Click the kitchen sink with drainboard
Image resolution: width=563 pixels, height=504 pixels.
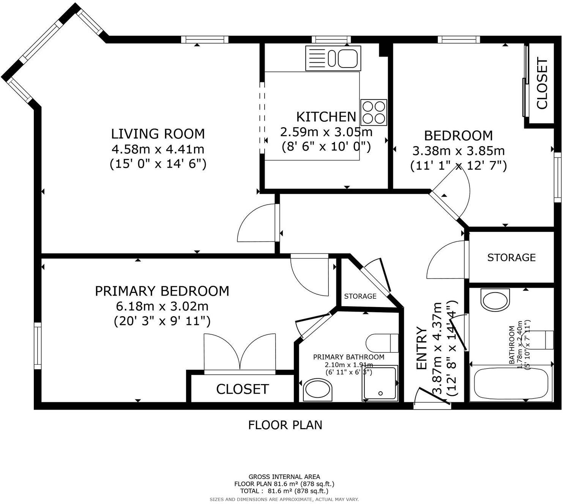pos(333,58)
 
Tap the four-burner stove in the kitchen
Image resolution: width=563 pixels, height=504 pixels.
pos(374,112)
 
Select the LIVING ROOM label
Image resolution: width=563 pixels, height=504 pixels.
pos(158,134)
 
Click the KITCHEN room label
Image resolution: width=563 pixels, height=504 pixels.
pos(326,117)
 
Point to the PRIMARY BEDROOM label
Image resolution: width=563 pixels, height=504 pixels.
pos(162,291)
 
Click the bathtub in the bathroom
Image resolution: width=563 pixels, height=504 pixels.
pos(511,383)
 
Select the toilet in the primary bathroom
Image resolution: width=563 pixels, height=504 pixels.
pos(382,343)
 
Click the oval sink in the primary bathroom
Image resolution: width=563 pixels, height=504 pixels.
pos(318,390)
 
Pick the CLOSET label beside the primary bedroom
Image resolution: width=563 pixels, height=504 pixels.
pos(243,389)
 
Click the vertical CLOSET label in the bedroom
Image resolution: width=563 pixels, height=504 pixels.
pos(542,83)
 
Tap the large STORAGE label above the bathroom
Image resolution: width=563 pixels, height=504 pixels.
pos(511,258)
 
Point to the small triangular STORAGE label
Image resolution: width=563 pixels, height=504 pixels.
pos(360,296)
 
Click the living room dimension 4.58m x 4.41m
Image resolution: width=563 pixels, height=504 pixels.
pos(158,149)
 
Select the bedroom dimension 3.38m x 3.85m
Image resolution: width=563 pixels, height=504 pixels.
pos(459,151)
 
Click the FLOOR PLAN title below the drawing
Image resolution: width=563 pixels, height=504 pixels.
pos(285,425)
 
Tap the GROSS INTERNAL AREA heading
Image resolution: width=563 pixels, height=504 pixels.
pos(284,477)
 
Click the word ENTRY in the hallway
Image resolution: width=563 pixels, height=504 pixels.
pos(422,348)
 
